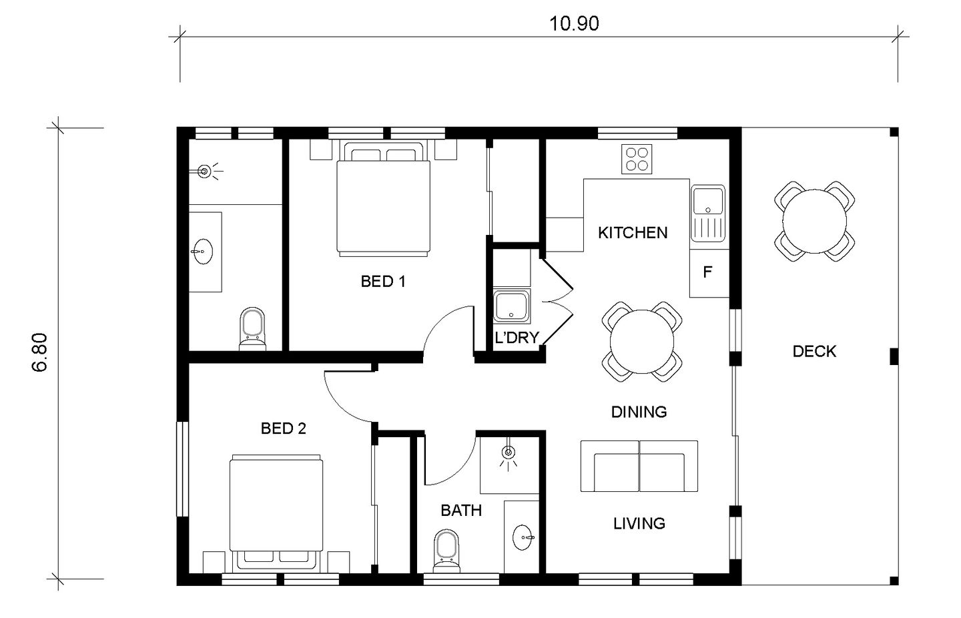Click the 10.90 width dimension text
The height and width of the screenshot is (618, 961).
click(x=574, y=24)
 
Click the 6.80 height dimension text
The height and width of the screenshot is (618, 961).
click(x=39, y=352)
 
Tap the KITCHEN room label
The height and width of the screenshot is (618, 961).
click(x=633, y=233)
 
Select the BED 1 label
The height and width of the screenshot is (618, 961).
click(x=382, y=282)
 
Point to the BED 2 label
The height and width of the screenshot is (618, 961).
click(x=284, y=428)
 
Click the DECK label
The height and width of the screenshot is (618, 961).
click(x=814, y=352)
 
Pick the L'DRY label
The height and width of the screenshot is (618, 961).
click(x=517, y=338)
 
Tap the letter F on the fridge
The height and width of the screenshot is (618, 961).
click(x=707, y=272)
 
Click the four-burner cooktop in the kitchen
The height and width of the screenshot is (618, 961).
click(x=637, y=160)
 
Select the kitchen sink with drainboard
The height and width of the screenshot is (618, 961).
click(x=708, y=214)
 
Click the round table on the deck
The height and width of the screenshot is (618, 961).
click(x=814, y=222)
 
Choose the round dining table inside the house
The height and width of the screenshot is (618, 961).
click(x=642, y=342)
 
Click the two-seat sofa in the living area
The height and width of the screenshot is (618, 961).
click(x=639, y=466)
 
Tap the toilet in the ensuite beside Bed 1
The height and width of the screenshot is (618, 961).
click(x=252, y=329)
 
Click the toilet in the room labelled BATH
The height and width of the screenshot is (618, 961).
click(x=446, y=551)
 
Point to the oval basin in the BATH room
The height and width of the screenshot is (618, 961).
click(x=523, y=537)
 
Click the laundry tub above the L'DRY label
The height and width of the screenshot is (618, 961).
click(x=511, y=306)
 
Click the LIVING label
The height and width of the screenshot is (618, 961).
click(x=639, y=524)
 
